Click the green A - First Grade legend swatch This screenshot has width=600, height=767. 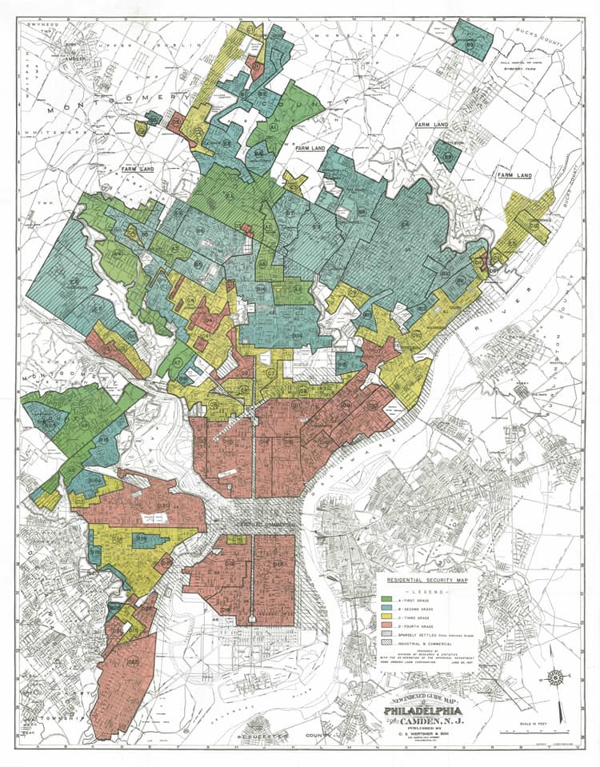point(386,598)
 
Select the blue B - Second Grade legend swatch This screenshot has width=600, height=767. point(386,609)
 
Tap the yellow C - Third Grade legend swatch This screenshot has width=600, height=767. point(386,620)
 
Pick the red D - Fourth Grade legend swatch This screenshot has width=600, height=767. point(386,630)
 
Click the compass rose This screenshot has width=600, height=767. point(554,678)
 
